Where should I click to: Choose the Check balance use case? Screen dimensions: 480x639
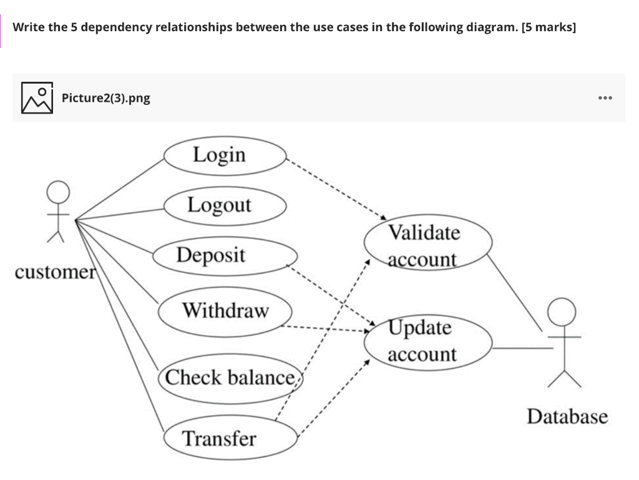coord(230,378)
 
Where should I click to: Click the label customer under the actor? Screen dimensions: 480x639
coord(53,273)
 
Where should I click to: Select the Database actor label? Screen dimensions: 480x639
coord(567,416)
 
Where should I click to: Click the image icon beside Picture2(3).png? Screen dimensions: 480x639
coord(36,98)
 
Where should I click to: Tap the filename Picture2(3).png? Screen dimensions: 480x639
coord(106,98)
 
